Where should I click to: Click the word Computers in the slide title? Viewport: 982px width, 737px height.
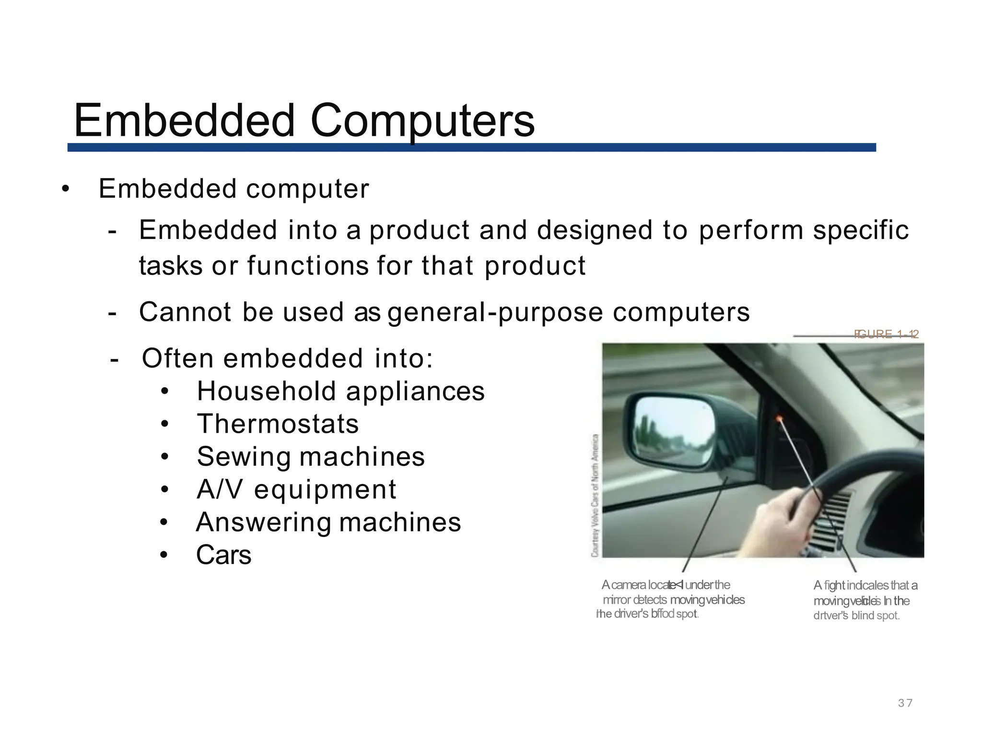click(422, 121)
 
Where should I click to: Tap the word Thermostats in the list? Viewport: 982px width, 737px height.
click(278, 424)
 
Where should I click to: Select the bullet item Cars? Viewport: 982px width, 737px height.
click(223, 555)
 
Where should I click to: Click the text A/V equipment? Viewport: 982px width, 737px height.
click(296, 490)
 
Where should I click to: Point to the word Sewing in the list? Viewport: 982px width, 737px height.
click(243, 457)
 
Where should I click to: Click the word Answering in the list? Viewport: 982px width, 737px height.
click(263, 523)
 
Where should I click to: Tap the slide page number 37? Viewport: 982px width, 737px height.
click(905, 703)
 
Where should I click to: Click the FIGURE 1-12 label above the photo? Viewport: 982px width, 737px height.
click(886, 334)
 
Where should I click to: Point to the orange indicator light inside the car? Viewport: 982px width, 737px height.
click(779, 419)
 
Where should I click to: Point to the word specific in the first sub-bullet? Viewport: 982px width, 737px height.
click(861, 230)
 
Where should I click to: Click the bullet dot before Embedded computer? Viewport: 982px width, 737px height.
click(66, 189)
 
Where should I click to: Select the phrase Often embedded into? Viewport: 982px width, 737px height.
click(287, 358)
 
